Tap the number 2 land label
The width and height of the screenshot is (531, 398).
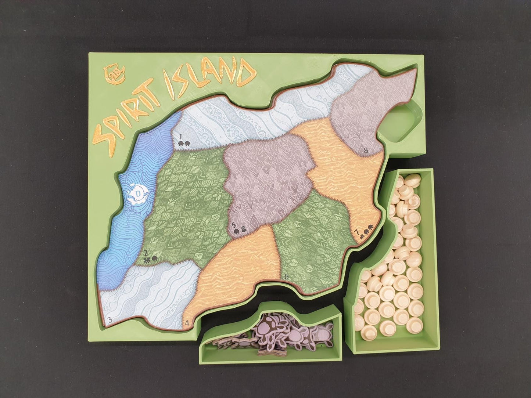coord(146,253)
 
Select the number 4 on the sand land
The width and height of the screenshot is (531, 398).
coord(187,323)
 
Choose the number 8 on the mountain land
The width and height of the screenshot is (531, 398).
coord(365,150)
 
